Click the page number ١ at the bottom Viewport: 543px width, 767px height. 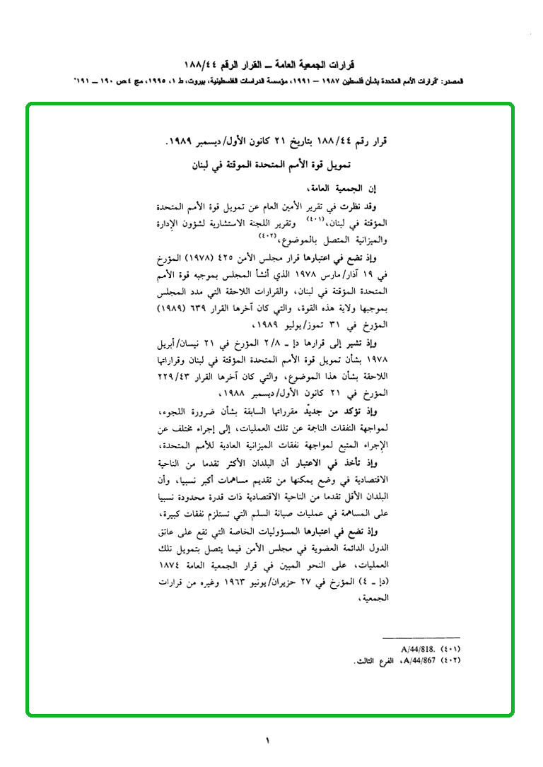point(268,742)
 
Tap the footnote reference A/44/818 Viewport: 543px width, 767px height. point(416,648)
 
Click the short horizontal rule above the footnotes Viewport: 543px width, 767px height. point(421,638)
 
